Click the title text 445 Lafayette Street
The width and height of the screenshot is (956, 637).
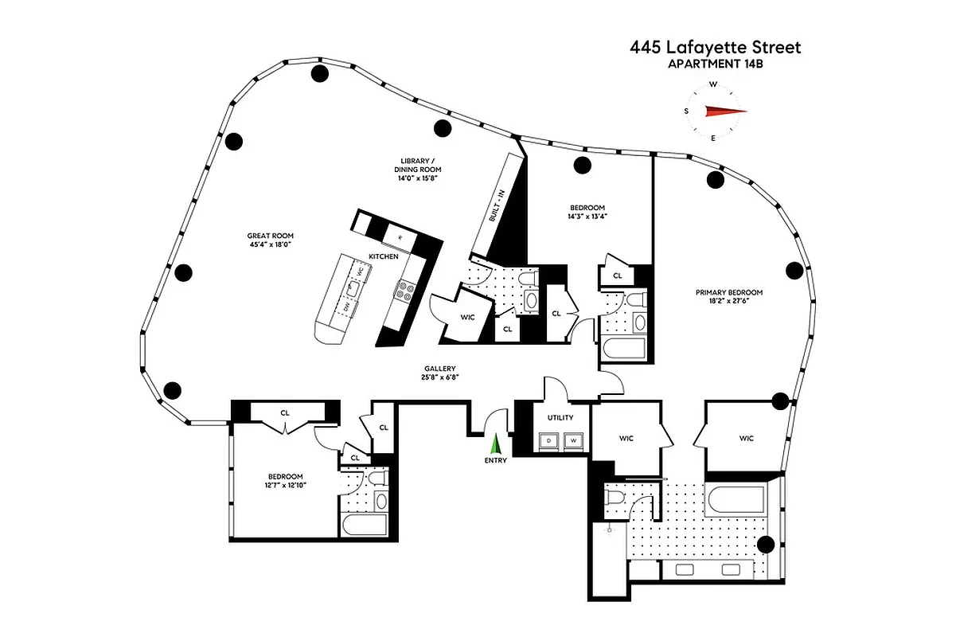[715, 48]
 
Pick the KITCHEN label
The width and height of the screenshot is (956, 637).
[383, 256]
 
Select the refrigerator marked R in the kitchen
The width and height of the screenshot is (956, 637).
[400, 236]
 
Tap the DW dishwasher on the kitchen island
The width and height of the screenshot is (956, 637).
[347, 307]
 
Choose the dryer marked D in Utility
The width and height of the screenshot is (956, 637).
[550, 440]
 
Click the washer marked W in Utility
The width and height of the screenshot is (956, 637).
[572, 440]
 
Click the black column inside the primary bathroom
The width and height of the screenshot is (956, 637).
[766, 545]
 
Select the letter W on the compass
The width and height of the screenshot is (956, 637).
[713, 84]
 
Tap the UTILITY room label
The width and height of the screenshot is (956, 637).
[560, 418]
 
